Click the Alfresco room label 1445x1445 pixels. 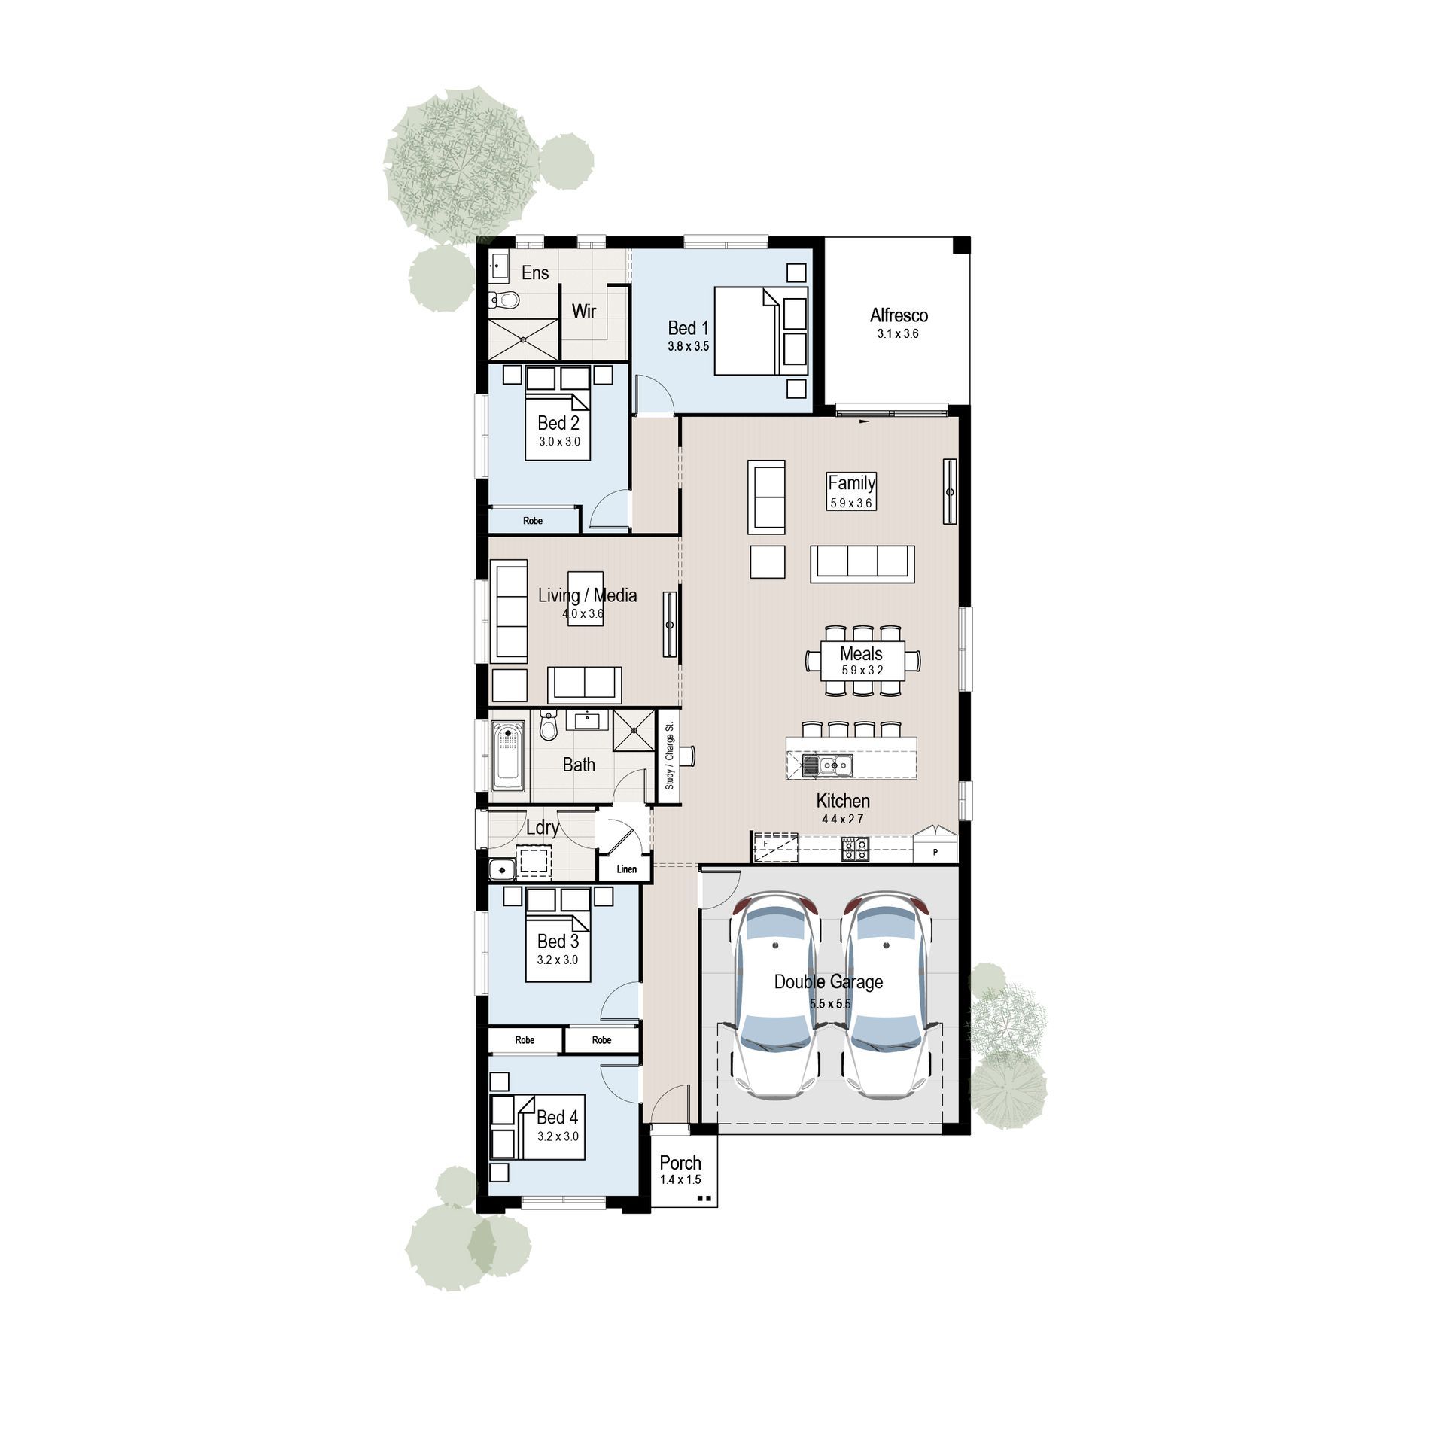click(899, 315)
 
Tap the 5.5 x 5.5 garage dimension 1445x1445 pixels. click(830, 1004)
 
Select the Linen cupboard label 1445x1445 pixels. click(626, 869)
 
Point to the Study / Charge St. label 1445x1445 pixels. click(669, 756)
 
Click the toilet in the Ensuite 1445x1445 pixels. click(504, 300)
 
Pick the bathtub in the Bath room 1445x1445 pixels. click(508, 756)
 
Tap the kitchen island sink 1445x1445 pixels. click(835, 766)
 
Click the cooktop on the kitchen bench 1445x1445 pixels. click(855, 849)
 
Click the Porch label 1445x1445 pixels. click(680, 1163)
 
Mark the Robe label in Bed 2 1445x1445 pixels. click(533, 521)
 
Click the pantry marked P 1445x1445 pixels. click(935, 851)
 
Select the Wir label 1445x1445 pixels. click(584, 311)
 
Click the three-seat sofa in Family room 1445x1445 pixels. click(862, 563)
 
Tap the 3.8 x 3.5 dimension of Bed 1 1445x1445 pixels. click(688, 347)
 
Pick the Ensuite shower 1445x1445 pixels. click(523, 339)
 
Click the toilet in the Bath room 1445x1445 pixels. click(549, 726)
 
